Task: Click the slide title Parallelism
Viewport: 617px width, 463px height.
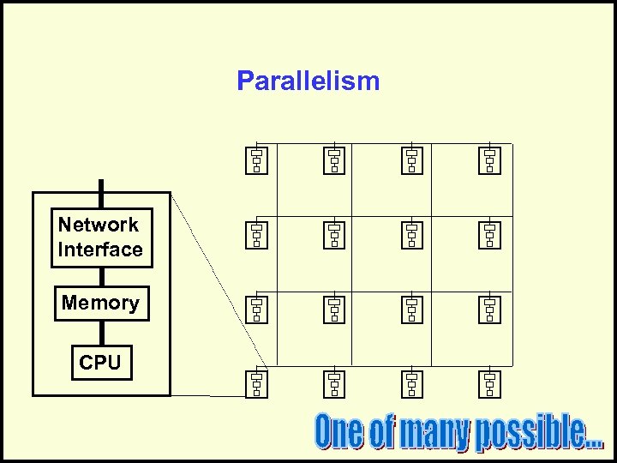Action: coord(308,81)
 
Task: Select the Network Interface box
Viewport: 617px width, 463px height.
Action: coord(101,238)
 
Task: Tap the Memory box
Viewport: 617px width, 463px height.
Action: coord(101,303)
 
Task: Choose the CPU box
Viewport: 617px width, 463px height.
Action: coord(100,363)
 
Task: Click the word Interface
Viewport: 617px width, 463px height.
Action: coord(100,250)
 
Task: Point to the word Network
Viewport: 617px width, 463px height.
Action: coord(99,225)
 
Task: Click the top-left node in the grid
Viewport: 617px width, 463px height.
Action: coord(257,160)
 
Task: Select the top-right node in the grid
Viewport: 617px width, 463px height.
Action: coord(489,160)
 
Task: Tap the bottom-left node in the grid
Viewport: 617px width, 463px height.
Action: coord(257,383)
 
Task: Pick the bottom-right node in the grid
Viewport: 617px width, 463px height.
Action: coord(489,383)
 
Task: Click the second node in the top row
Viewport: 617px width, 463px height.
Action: coord(334,160)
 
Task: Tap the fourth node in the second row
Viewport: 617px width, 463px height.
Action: coord(489,234)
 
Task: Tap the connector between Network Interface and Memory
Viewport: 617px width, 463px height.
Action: coord(101,276)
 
